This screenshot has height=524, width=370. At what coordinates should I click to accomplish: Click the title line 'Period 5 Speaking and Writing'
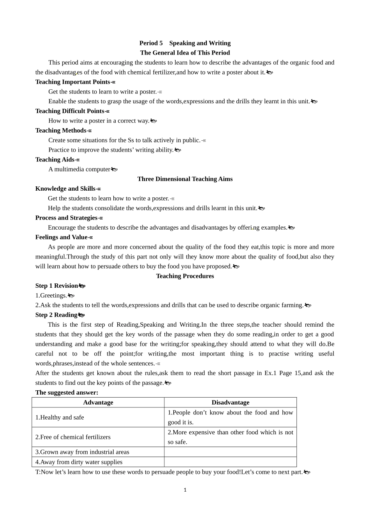point(185,43)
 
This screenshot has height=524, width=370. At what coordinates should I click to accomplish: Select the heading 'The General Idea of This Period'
point(185,53)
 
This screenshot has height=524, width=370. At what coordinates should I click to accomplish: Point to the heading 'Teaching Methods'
point(61,131)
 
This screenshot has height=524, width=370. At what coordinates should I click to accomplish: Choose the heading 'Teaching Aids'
point(55,159)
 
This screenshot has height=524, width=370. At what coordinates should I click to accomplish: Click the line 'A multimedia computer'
point(79,169)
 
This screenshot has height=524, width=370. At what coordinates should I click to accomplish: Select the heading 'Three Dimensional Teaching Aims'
point(185,179)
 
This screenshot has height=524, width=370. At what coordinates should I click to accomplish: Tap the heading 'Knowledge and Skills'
point(65,189)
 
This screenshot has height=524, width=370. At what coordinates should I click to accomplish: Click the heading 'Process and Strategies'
point(67,218)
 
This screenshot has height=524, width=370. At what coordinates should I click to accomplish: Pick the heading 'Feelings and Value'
point(62,237)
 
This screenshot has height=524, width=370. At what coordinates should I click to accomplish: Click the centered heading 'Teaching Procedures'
point(185,276)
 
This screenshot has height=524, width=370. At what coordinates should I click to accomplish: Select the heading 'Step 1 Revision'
point(57,286)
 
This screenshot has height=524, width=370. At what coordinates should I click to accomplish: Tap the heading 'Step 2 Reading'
point(56,315)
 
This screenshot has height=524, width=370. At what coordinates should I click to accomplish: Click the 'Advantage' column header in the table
point(98,402)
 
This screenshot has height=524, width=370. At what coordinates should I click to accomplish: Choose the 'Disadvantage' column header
point(230,402)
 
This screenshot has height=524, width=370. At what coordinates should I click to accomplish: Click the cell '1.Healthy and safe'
point(60,418)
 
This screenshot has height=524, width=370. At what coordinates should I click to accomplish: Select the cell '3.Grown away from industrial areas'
point(82,452)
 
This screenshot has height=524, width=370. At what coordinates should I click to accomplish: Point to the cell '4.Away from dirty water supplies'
point(79,462)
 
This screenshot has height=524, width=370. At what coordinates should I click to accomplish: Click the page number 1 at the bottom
point(185,490)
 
